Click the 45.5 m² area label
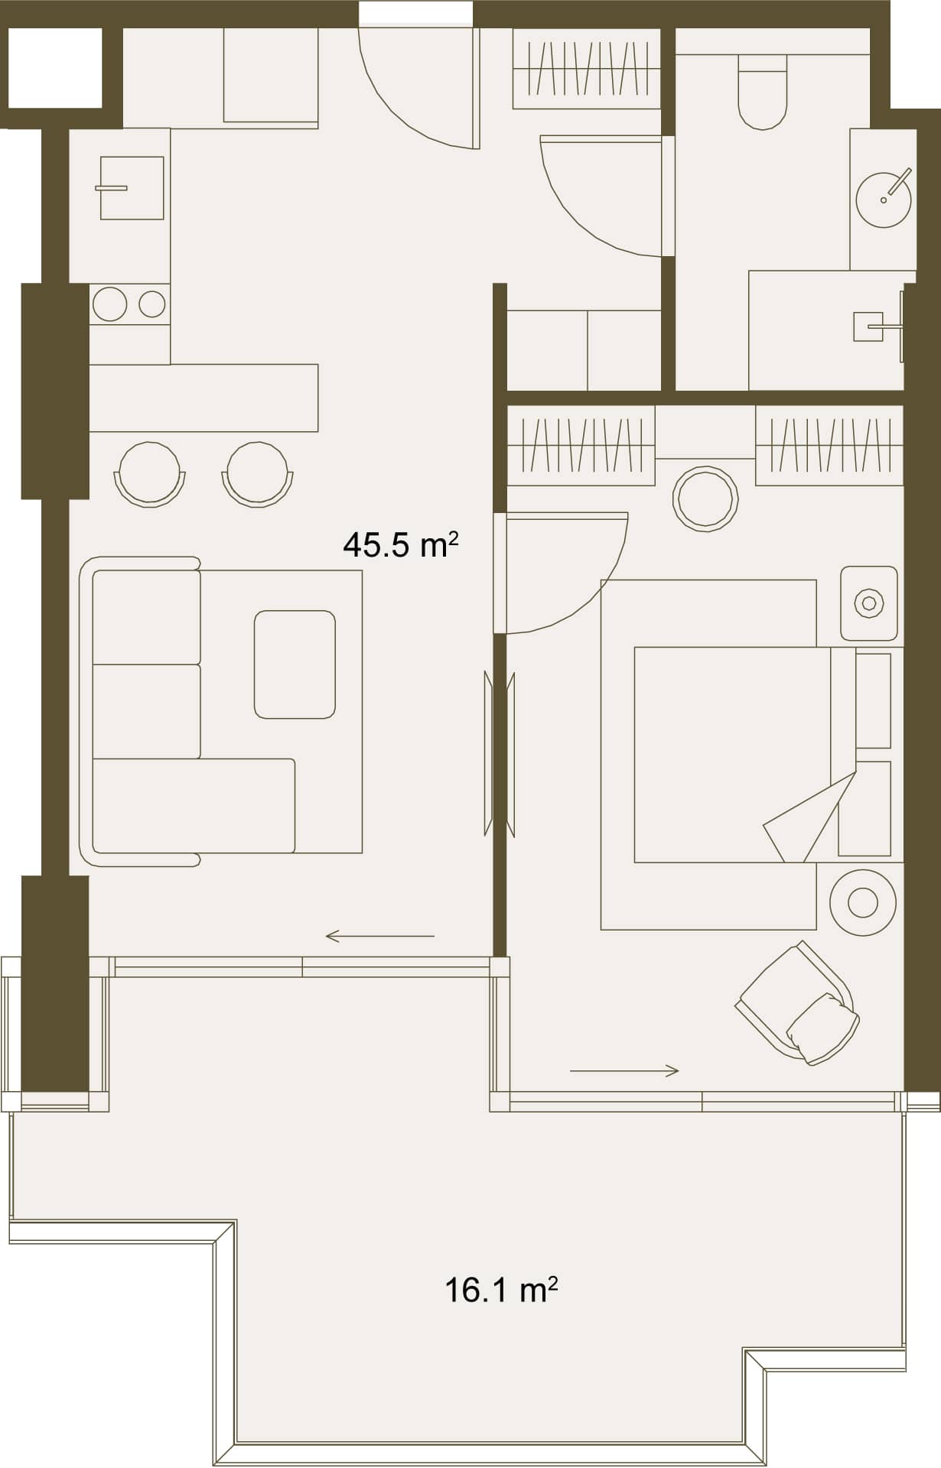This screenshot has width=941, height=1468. tap(400, 545)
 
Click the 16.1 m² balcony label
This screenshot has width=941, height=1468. tap(500, 1290)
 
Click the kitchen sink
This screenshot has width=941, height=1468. tap(132, 188)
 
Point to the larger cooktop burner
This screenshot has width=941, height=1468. tap(109, 304)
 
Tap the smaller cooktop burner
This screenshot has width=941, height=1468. tap(152, 304)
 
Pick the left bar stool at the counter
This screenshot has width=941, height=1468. tap(150, 474)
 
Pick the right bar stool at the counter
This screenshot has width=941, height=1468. tap(258, 474)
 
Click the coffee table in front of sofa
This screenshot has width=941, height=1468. tap(295, 664)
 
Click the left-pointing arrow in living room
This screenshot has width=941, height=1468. tap(379, 936)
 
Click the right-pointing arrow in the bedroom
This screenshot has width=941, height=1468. tap(624, 1071)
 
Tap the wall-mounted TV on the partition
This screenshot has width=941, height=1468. tap(500, 754)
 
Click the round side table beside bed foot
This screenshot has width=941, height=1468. tap(862, 903)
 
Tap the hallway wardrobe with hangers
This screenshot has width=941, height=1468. tap(586, 69)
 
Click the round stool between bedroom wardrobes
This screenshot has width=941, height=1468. tap(705, 499)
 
